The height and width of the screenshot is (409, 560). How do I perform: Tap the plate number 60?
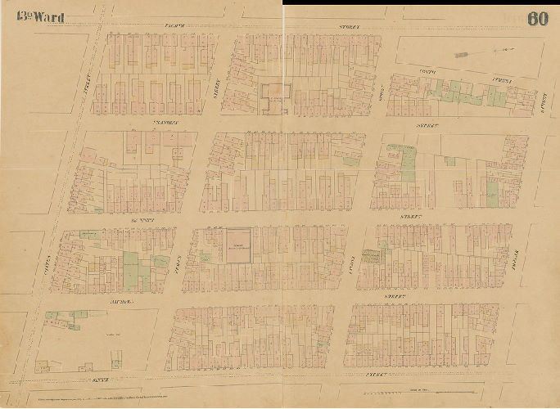point(537,19)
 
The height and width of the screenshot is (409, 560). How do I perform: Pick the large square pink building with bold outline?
point(238,246)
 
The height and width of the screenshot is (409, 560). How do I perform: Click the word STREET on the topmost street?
point(350,28)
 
